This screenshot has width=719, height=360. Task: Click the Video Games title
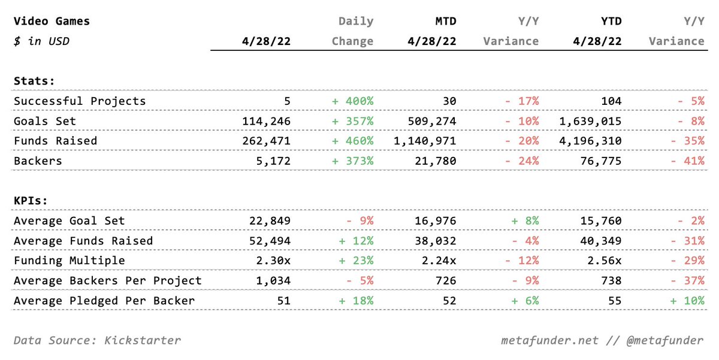[52, 21]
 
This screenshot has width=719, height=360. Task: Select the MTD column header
[446, 21]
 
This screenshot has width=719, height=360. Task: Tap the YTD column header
[611, 21]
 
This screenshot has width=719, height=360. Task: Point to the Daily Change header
[352, 31]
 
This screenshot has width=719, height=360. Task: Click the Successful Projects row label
[80, 101]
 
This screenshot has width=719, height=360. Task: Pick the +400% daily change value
[352, 101]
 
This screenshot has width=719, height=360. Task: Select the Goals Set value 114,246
[266, 121]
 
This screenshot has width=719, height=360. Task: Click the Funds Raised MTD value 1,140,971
[425, 141]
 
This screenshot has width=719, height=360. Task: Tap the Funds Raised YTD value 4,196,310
[590, 141]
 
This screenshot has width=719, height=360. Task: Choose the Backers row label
[38, 161]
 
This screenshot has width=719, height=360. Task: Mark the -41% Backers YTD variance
[687, 161]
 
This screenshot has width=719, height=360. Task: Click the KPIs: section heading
[31, 201]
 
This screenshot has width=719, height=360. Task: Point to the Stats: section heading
[34, 81]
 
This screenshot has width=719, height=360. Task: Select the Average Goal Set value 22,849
[270, 221]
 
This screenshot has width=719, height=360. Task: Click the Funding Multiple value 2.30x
[273, 261]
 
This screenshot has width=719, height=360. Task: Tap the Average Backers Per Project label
[107, 281]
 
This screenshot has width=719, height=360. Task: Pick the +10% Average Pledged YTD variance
[687, 301]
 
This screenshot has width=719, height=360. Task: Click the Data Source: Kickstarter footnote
[97, 340]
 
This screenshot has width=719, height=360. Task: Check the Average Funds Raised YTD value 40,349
[601, 241]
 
